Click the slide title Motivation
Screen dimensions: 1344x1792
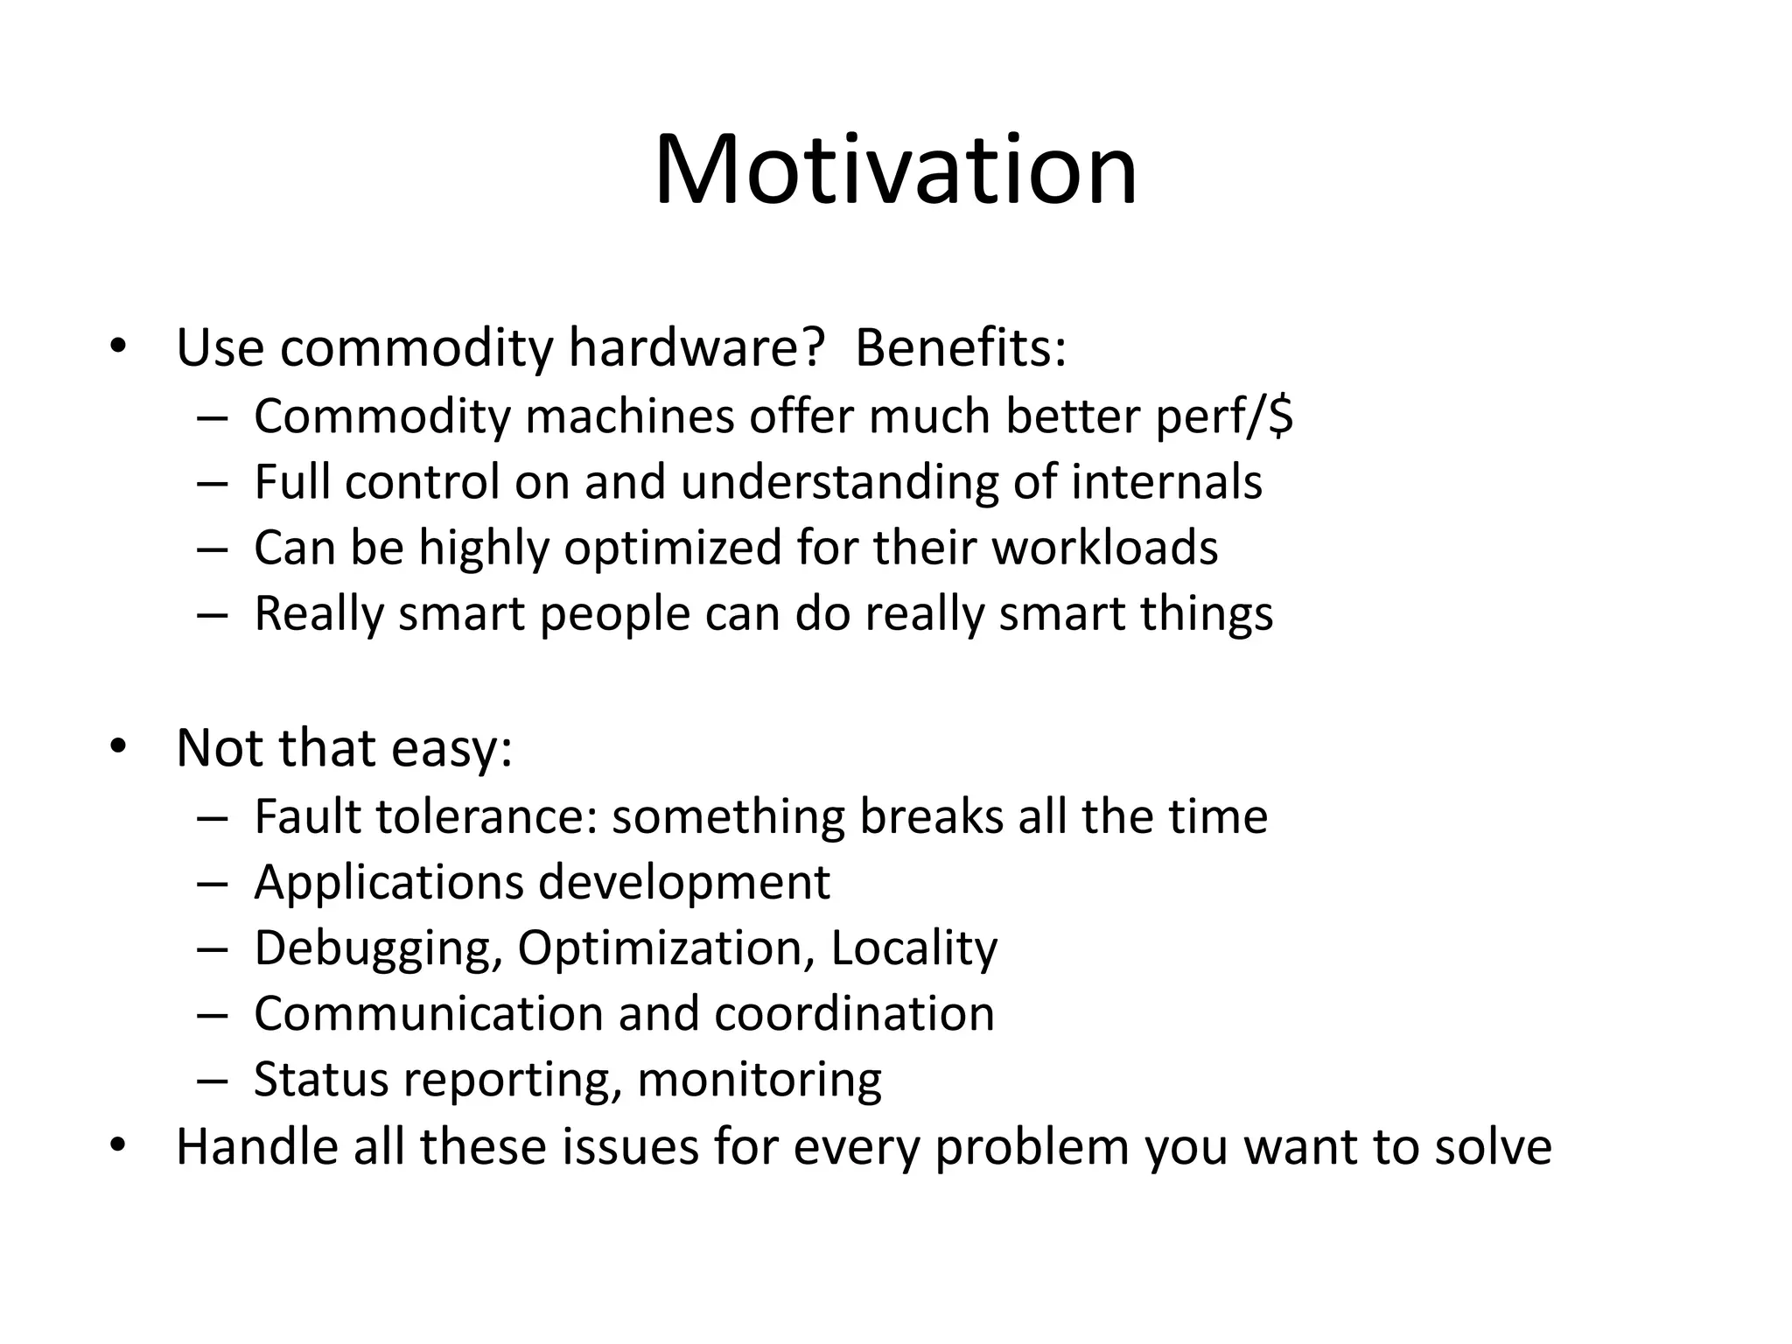pos(895,170)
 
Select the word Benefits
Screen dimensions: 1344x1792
pos(958,347)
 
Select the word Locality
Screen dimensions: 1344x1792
pos(913,948)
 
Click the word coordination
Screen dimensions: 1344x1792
pos(854,1014)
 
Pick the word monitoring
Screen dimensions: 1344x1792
pos(759,1080)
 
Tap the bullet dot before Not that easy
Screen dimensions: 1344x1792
pos(118,747)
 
